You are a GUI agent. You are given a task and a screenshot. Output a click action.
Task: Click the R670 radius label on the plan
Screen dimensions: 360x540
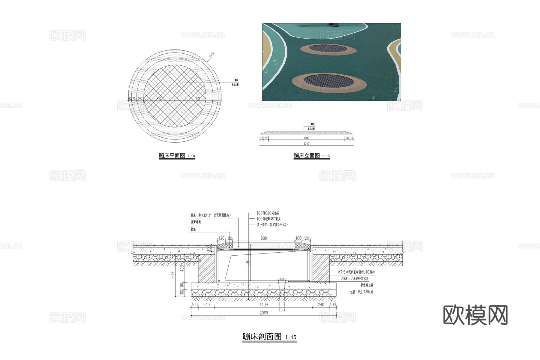click(211, 55)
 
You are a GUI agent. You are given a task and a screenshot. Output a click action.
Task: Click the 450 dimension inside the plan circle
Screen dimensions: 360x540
click(159, 98)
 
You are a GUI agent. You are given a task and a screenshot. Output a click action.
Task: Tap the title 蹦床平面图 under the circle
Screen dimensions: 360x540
click(172, 156)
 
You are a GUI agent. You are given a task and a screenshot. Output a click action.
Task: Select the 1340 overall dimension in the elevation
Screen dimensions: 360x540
click(306, 144)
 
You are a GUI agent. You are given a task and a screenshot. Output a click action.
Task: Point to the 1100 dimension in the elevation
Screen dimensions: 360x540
click(306, 138)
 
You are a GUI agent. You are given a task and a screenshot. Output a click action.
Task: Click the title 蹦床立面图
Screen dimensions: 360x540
click(307, 156)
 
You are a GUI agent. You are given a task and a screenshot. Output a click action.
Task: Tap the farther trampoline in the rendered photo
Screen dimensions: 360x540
click(328, 49)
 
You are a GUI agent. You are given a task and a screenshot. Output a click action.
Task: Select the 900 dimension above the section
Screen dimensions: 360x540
click(264, 238)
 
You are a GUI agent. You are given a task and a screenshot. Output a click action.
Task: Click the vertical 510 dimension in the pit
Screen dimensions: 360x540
click(248, 262)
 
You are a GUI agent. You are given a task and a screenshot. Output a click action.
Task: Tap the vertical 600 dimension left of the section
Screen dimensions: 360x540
click(173, 275)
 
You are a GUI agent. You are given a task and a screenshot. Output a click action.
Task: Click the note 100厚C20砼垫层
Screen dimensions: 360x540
click(268, 213)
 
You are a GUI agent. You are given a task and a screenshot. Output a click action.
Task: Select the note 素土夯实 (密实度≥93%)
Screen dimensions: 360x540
click(272, 224)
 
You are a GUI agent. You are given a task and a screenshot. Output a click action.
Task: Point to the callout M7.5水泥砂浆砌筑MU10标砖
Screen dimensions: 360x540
click(356, 272)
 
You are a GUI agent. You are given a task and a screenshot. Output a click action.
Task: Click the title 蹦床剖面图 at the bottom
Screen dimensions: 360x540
click(262, 337)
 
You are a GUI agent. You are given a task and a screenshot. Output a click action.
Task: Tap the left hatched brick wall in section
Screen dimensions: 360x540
click(206, 268)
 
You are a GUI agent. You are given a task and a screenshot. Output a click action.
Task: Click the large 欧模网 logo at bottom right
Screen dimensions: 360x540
click(475, 315)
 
